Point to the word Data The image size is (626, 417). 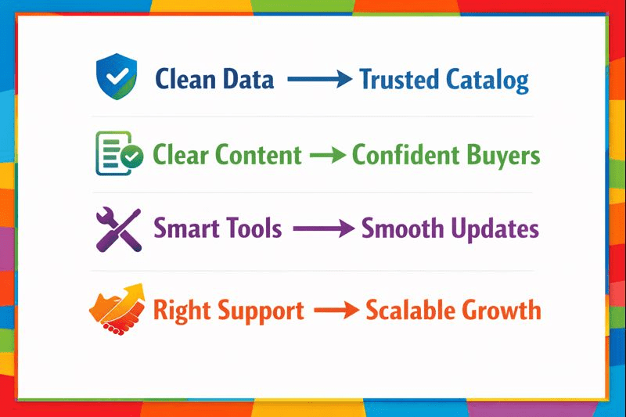tap(248, 79)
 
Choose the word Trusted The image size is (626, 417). tap(399, 79)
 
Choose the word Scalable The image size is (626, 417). tap(410, 310)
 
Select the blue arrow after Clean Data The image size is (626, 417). tap(316, 79)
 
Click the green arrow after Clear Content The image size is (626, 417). tap(326, 155)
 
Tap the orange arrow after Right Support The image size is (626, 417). tap(334, 311)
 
